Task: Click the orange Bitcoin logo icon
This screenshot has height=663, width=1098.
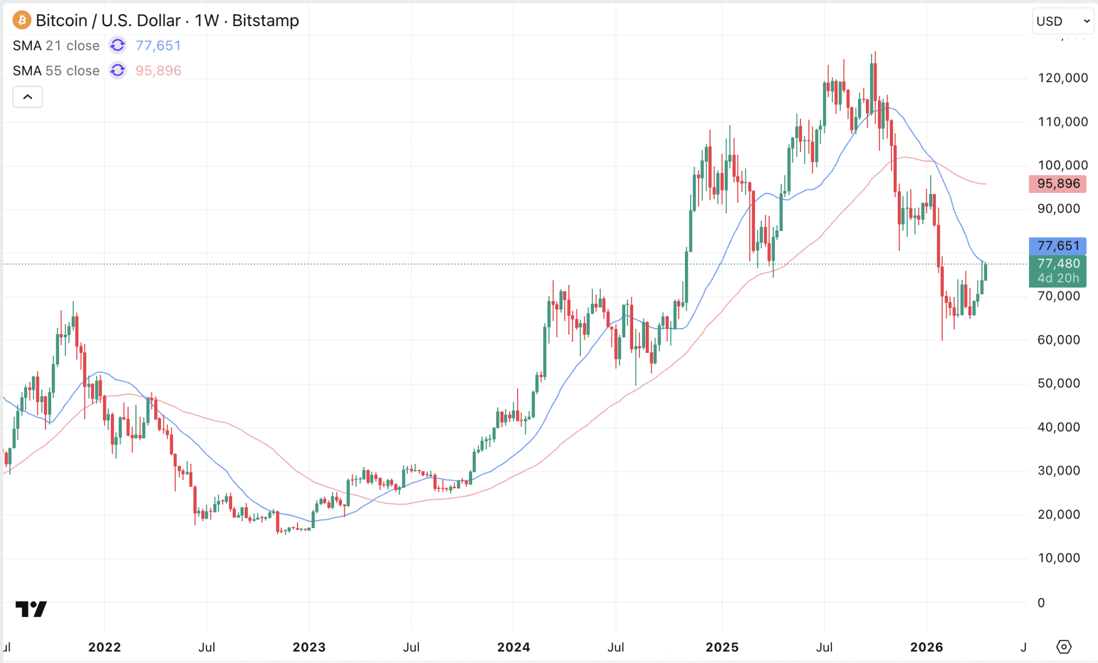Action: (22, 20)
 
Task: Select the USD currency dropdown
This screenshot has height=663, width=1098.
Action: (1062, 21)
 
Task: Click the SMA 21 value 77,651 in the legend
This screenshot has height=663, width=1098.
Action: (158, 46)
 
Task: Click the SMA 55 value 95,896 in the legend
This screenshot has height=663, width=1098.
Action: (158, 71)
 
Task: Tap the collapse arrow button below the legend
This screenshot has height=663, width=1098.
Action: (27, 97)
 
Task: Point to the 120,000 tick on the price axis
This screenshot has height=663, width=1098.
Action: (1062, 78)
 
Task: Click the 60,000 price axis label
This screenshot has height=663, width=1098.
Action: (1058, 340)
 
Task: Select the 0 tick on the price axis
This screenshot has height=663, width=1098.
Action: (1041, 603)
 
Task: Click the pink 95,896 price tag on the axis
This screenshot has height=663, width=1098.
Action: (1058, 184)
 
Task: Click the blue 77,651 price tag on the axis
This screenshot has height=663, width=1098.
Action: (1058, 246)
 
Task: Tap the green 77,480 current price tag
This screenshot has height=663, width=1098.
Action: (1058, 264)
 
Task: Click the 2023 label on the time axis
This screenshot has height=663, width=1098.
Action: (309, 647)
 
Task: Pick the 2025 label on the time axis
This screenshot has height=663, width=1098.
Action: (722, 647)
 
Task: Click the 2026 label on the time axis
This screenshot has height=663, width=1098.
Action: (926, 647)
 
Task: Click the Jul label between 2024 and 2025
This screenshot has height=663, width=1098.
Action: (616, 647)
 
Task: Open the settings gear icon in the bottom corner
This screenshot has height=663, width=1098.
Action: (1063, 647)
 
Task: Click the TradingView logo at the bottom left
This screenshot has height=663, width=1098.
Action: (31, 609)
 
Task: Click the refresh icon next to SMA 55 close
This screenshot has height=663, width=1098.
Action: (118, 71)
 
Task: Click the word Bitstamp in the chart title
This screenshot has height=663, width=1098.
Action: (265, 20)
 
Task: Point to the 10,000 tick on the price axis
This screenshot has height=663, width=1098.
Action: (1058, 558)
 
